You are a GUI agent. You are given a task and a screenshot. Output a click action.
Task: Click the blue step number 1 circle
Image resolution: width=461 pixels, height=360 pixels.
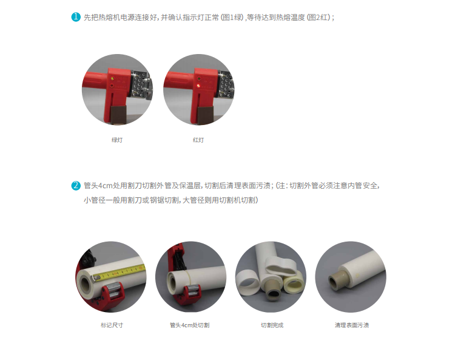(x=76, y=17)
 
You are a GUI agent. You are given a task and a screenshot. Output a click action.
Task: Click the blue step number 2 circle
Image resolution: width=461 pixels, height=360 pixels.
(x=76, y=185)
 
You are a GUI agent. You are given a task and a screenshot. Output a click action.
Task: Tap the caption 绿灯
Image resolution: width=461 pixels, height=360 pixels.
(x=117, y=140)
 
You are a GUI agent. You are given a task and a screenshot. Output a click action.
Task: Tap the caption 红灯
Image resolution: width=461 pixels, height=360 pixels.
(x=198, y=140)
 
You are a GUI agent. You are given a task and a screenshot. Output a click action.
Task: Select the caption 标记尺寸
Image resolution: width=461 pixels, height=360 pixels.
(x=112, y=325)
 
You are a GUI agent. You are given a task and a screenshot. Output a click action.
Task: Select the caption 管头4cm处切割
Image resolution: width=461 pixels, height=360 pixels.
(x=190, y=325)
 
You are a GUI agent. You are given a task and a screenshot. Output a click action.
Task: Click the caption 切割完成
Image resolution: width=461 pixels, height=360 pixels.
(x=272, y=325)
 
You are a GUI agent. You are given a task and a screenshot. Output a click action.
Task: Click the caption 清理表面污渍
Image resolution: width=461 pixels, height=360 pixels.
(x=352, y=325)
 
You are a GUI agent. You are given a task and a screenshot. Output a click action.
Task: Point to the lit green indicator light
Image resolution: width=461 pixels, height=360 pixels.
(x=112, y=78)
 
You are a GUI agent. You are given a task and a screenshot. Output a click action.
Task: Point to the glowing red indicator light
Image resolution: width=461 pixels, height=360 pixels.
(x=198, y=86)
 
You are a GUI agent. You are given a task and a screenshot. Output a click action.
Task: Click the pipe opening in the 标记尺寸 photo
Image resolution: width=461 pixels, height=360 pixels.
(x=86, y=284)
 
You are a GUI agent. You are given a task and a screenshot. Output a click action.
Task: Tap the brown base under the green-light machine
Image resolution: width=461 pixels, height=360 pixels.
(x=118, y=115)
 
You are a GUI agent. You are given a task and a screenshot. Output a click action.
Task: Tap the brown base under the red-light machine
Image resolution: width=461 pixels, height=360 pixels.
(x=206, y=115)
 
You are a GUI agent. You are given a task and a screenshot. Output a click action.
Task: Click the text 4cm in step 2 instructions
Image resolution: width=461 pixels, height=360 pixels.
(x=106, y=186)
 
